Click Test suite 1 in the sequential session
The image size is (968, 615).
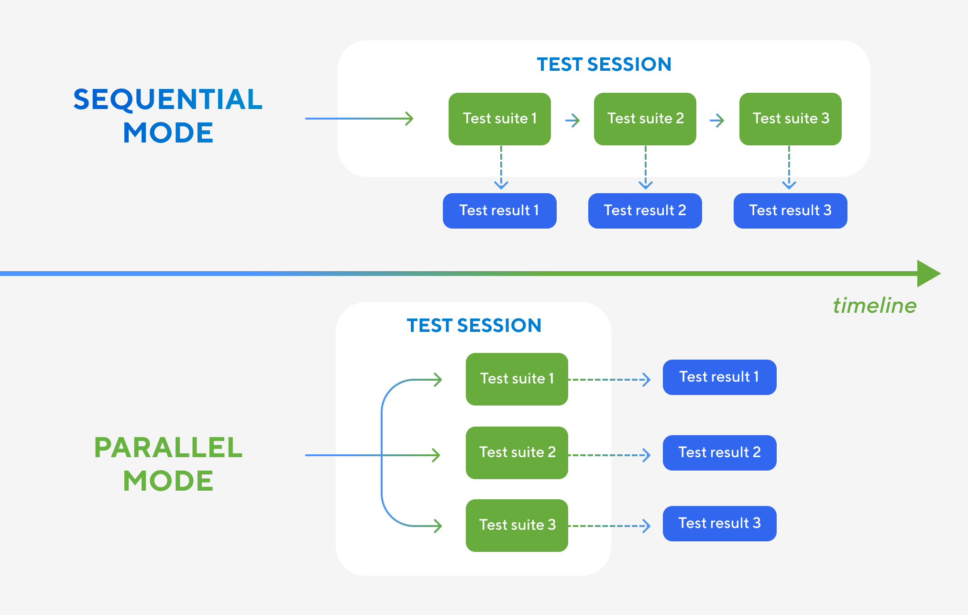point(499,119)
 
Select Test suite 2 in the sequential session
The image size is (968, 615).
point(645,119)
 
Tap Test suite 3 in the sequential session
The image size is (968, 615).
point(790,119)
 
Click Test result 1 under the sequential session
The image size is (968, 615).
point(499,210)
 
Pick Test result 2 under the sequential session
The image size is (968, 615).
point(645,210)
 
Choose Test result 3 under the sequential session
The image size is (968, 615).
point(790,210)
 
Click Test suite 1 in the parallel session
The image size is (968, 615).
point(517,379)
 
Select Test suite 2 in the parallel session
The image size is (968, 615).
point(517,452)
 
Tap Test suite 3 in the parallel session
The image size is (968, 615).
point(517,525)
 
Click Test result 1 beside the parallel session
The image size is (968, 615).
point(719,377)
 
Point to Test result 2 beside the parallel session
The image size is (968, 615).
point(719,452)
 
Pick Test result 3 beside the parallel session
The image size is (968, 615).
point(719,523)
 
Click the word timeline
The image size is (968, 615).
point(874,306)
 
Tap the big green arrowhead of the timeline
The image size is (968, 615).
point(928,274)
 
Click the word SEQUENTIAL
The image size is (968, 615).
point(168,99)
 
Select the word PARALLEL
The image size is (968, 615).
point(168,448)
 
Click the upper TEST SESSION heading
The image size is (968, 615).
point(604,64)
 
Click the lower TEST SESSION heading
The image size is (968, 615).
point(473,325)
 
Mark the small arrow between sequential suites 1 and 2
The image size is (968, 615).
point(572,120)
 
